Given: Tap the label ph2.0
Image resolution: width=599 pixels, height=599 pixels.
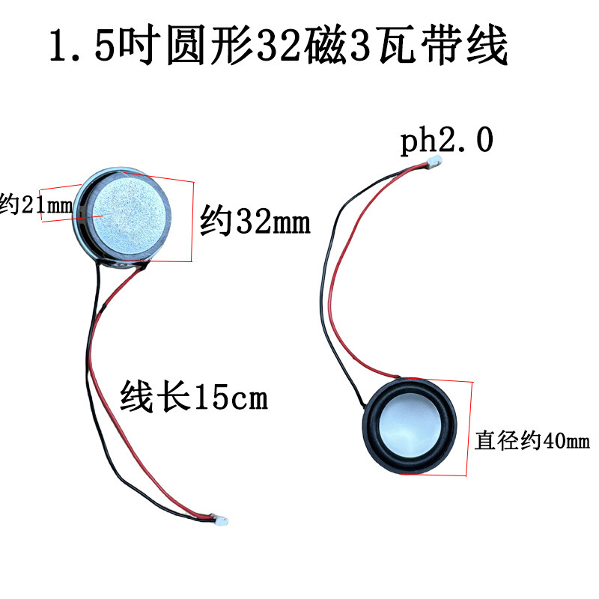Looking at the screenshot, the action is tap(446, 140).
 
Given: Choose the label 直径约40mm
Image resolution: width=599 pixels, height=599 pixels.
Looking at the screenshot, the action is tap(532, 441).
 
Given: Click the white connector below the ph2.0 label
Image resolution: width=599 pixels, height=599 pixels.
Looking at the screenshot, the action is tap(434, 164).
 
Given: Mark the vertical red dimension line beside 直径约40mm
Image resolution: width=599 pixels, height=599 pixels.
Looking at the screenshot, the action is tap(470, 428).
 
